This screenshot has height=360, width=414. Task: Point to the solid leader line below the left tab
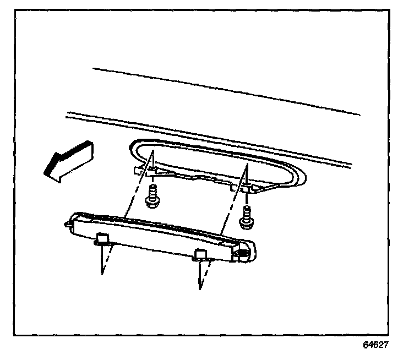tap(102, 259)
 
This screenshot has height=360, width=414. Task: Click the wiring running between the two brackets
tap(193, 178)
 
